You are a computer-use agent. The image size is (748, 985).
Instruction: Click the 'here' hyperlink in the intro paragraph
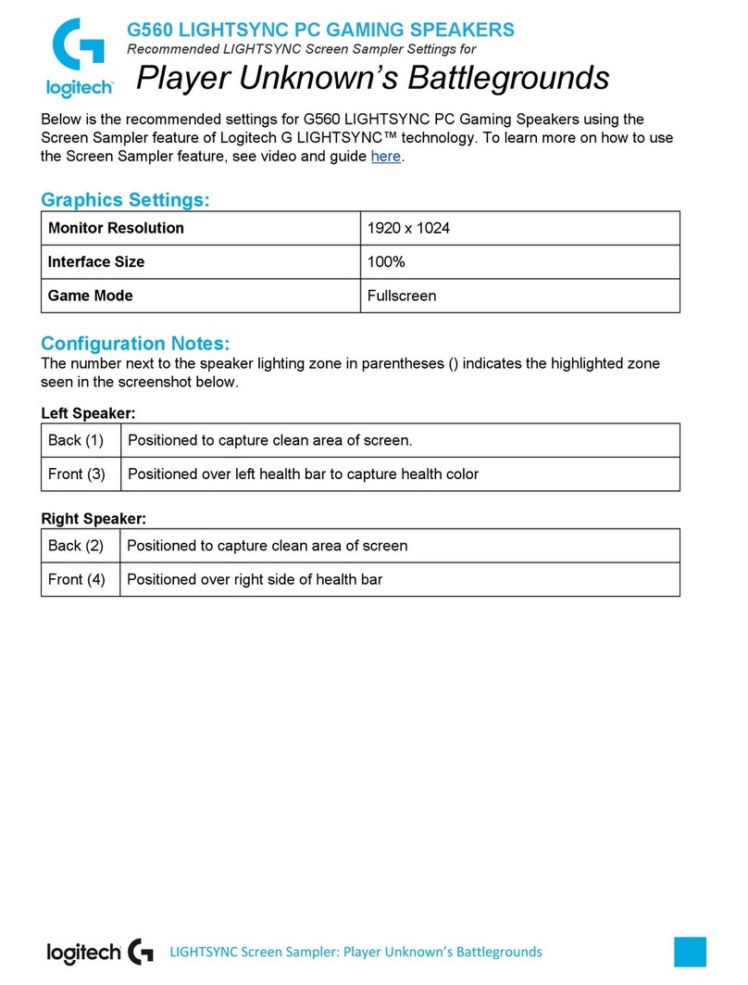[385, 157]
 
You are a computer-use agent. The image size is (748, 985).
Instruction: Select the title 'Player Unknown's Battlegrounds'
[372, 78]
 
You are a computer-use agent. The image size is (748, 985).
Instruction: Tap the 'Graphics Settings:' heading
[125, 199]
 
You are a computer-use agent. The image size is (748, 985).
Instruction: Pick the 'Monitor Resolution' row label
[116, 228]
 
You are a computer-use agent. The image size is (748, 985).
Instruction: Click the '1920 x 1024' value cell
[408, 228]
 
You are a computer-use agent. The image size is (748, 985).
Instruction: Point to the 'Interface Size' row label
[96, 262]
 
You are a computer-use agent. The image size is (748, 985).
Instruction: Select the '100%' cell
[386, 262]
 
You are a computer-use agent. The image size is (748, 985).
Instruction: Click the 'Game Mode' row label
[90, 296]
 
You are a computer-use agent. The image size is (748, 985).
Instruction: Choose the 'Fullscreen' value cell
[402, 296]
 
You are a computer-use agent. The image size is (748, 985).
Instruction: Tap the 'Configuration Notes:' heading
[135, 344]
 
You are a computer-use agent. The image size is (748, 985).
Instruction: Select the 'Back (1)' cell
[76, 440]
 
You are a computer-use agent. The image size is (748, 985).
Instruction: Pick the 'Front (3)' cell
[77, 474]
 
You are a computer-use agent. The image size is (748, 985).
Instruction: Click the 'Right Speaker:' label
[93, 518]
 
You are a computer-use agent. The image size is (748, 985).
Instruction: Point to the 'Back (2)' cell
[76, 546]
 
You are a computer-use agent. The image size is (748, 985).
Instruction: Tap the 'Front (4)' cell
[77, 579]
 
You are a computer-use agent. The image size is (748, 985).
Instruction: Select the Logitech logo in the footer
[100, 952]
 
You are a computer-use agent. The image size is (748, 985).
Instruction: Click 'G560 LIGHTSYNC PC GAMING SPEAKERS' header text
[319, 30]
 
